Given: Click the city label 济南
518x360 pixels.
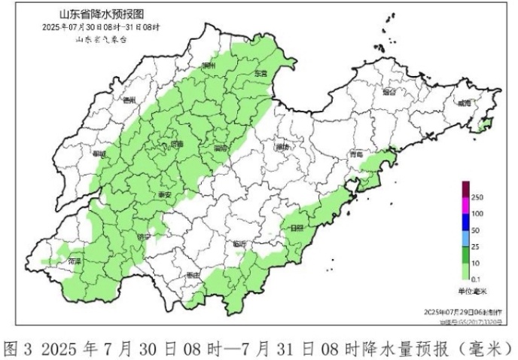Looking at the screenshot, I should point(176,142).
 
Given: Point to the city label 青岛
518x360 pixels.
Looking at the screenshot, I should point(356,154).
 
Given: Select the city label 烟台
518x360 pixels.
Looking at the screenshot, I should point(388,93).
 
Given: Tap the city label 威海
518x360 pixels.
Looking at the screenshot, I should point(464,102).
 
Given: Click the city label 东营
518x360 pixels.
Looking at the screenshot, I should point(261,74).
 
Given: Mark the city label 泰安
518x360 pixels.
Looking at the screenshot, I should point(163,194).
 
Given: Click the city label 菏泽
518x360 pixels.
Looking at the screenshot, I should point(75,261).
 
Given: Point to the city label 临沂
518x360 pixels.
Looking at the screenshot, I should point(240,243).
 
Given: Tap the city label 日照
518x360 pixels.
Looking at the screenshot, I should point(295,227).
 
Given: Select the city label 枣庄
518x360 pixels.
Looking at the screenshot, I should point(193,276).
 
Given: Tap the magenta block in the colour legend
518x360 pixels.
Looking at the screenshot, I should point(466,206).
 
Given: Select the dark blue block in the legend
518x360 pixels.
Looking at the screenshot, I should point(466,222).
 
